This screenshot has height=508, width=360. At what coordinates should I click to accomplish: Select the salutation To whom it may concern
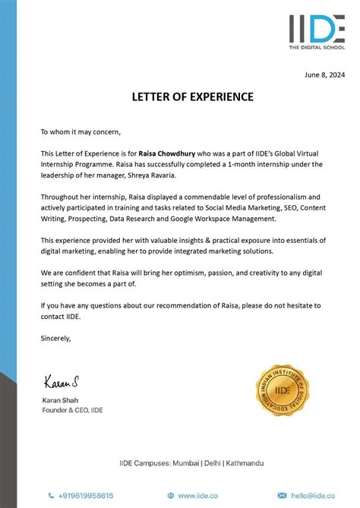(x=81, y=131)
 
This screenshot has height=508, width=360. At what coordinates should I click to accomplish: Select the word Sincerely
(x=55, y=339)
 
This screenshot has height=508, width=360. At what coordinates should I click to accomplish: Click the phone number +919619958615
(x=85, y=495)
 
